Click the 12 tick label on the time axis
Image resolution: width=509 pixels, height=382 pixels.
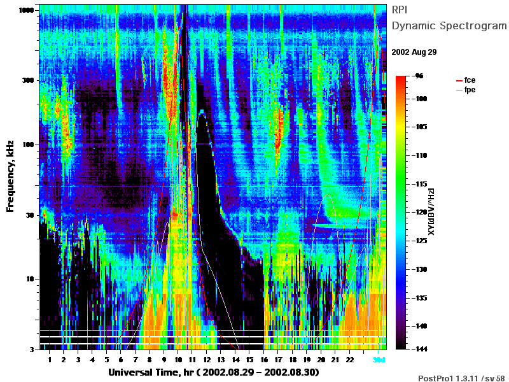tap(206, 360)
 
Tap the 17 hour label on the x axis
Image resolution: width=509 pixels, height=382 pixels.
tap(278, 360)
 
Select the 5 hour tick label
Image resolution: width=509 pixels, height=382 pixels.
tap(106, 360)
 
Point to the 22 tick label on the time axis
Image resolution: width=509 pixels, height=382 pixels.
tap(349, 360)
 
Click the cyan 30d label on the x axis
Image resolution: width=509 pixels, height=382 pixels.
tap(379, 360)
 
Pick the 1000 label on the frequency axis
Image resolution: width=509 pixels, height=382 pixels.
tap(26, 10)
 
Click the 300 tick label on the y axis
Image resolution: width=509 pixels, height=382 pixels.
tap(28, 80)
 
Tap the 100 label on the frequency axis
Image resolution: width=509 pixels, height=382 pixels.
tap(28, 145)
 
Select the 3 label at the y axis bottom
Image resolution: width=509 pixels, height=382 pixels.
tap(32, 350)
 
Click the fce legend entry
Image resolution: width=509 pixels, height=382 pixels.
tap(466, 80)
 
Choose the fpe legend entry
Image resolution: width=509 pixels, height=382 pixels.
tap(466, 90)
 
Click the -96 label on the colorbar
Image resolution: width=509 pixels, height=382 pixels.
tap(419, 76)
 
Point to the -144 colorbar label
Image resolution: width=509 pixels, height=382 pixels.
tap(421, 349)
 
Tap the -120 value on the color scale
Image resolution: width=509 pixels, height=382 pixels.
tap(421, 212)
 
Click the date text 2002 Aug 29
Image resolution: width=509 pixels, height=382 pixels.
tap(414, 52)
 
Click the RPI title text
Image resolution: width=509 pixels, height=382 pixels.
tap(400, 10)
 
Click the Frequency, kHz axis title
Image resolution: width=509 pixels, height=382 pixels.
tap(10, 176)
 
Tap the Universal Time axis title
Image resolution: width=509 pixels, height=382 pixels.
tap(214, 372)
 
